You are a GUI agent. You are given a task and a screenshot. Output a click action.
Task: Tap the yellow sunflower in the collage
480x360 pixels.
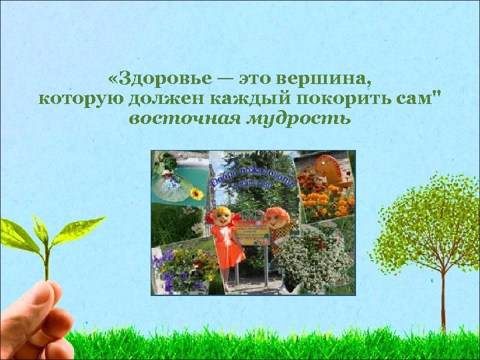click(196, 194)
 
